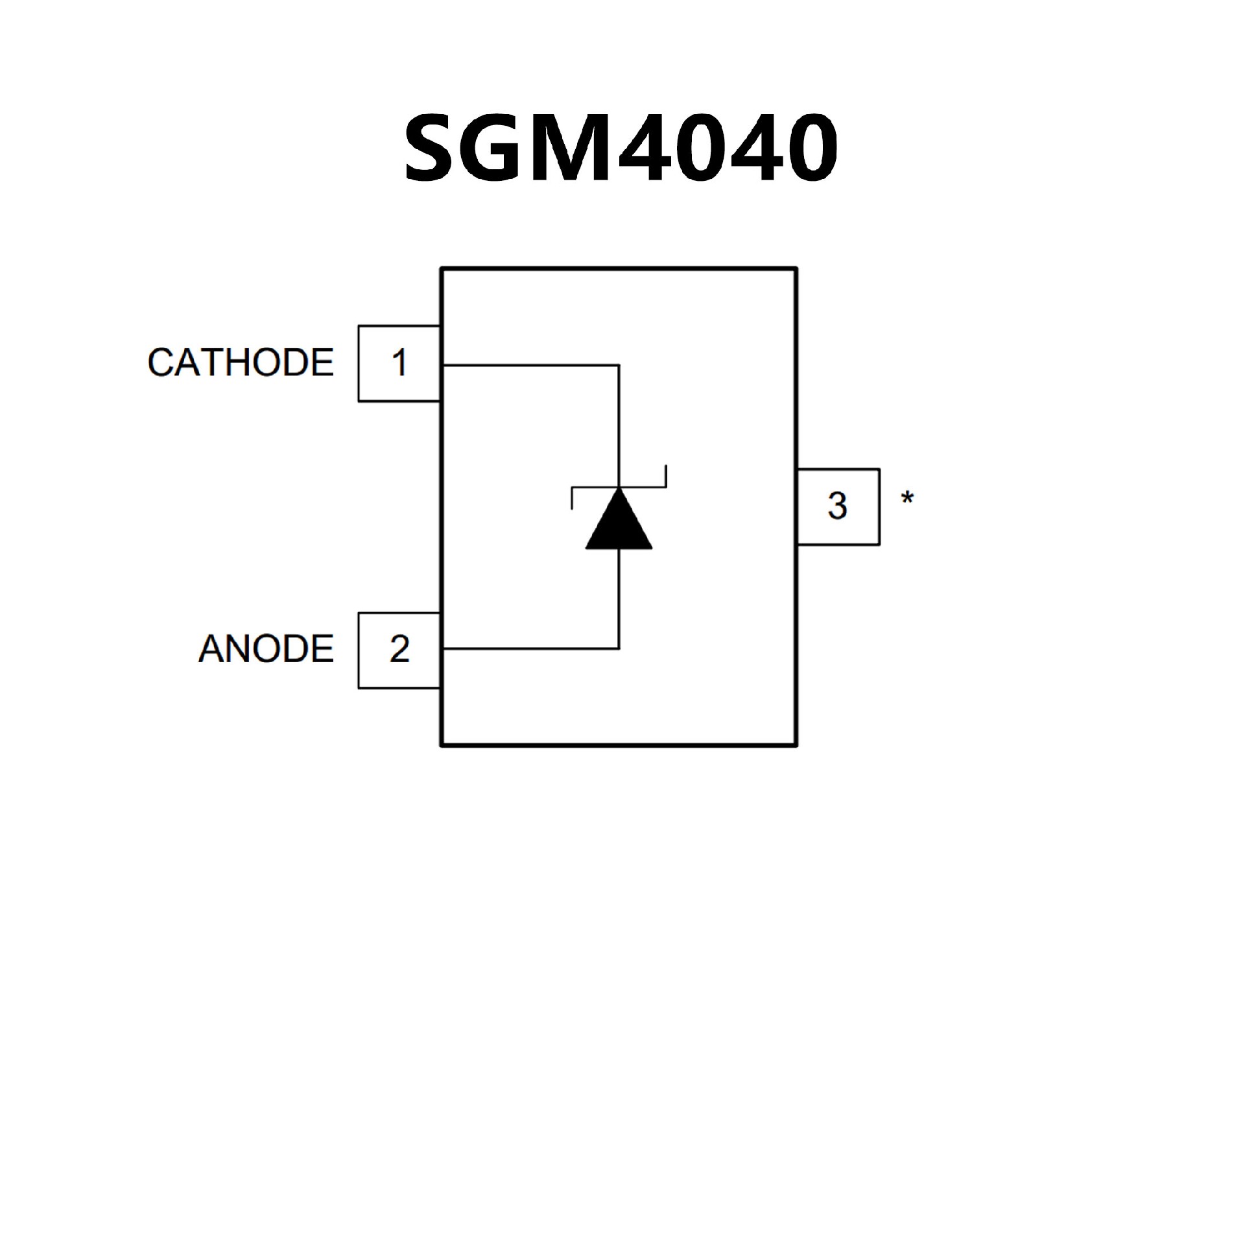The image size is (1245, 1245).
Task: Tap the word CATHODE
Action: [x=241, y=362]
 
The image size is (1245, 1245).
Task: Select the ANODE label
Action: [x=266, y=649]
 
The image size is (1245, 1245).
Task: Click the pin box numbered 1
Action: [x=399, y=363]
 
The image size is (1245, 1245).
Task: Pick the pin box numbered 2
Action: [x=399, y=650]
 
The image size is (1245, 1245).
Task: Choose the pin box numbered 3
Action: [x=838, y=506]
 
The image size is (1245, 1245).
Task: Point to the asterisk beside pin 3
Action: [x=907, y=499]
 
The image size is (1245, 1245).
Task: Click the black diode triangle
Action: [x=619, y=523]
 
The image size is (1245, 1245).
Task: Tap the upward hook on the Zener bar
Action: [x=665, y=477]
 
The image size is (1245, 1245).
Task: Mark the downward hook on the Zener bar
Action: [x=572, y=498]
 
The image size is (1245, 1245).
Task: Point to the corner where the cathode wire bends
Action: [x=619, y=366]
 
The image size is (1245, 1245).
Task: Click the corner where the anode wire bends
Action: [x=619, y=648]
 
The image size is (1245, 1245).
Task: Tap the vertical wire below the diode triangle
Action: [x=619, y=597]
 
